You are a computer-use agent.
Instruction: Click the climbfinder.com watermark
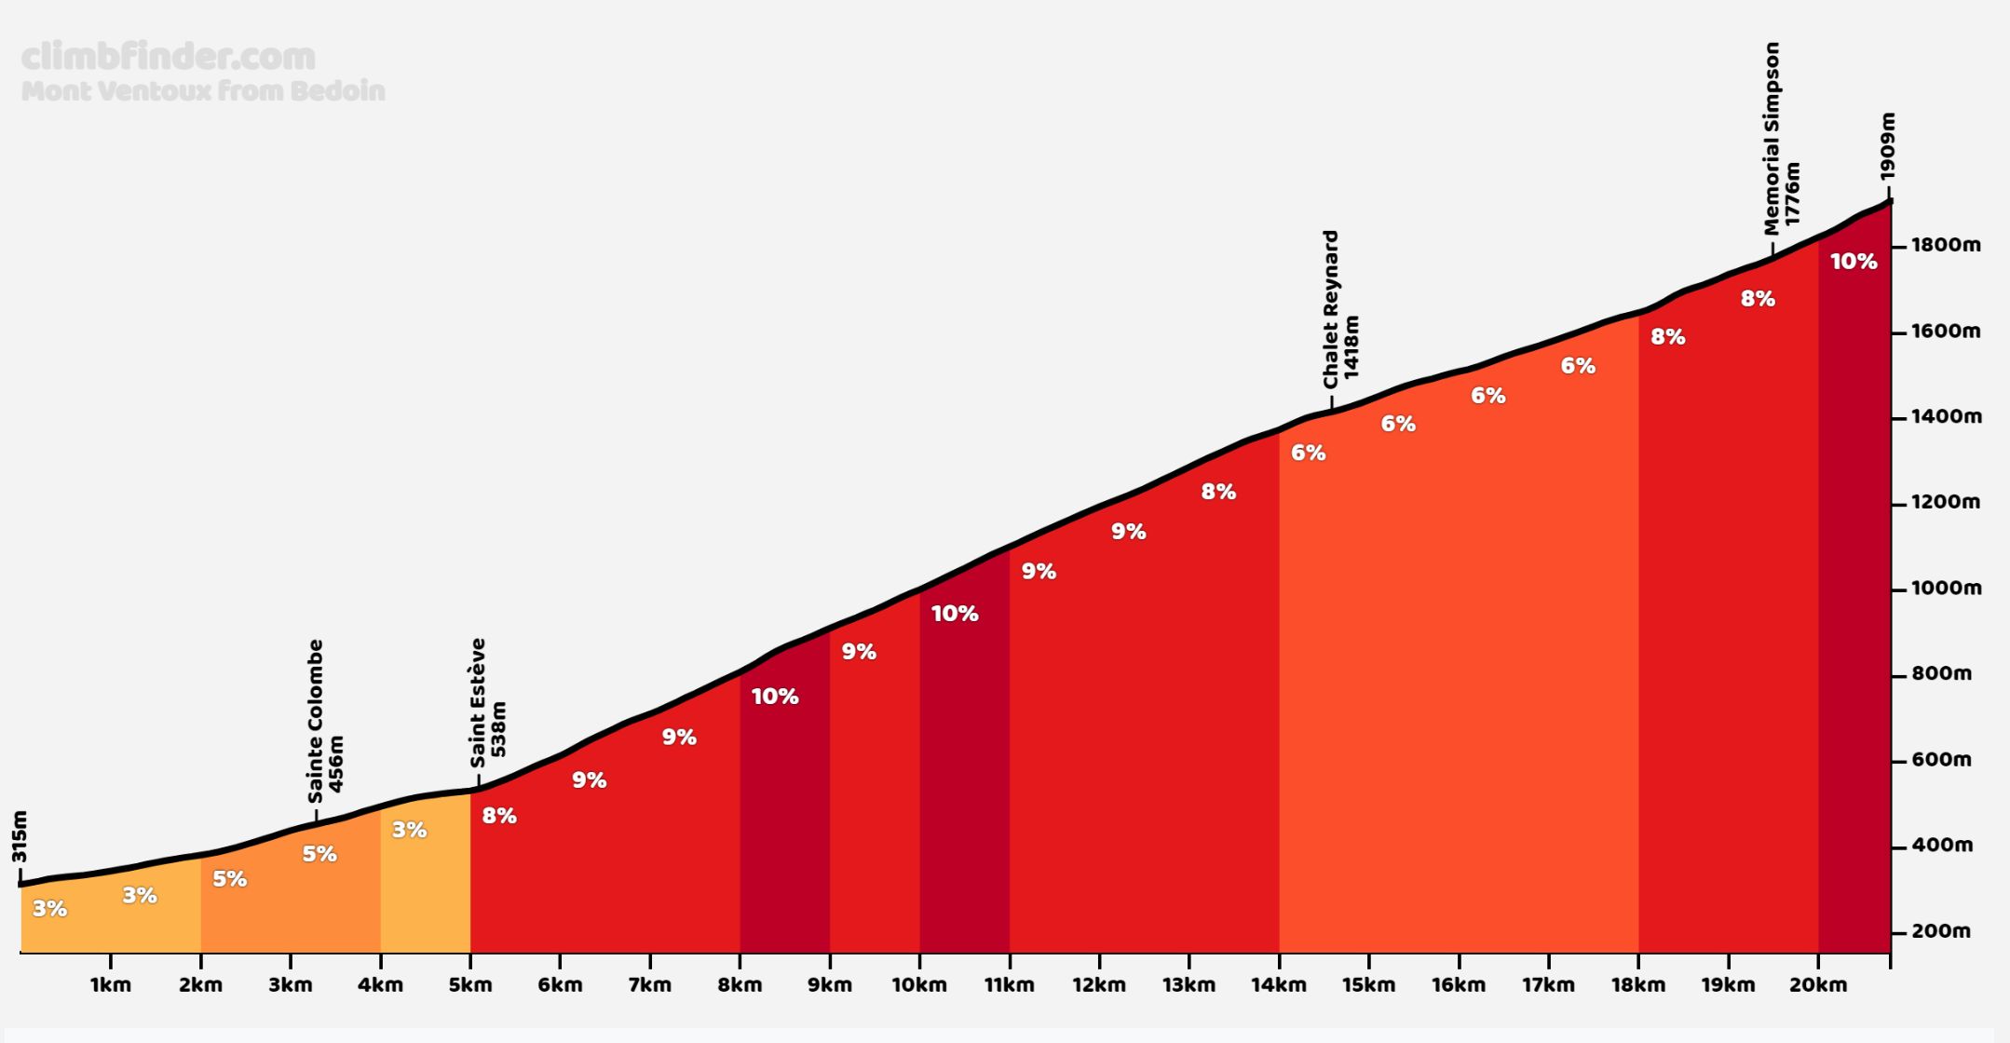pyautogui.click(x=168, y=58)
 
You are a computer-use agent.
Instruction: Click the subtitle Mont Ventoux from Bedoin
pyautogui.click(x=203, y=91)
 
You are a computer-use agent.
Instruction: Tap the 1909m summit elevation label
pyautogui.click(x=1887, y=146)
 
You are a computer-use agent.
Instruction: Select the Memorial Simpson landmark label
pyautogui.click(x=1772, y=138)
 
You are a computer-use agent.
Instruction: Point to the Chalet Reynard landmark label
pyautogui.click(x=1331, y=309)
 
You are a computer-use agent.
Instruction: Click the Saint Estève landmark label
pyautogui.click(x=479, y=702)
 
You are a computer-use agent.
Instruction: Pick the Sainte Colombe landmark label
pyautogui.click(x=316, y=721)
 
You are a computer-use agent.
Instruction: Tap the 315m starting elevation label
pyautogui.click(x=20, y=836)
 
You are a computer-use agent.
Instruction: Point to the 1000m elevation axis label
pyautogui.click(x=1946, y=589)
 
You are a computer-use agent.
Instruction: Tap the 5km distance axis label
pyautogui.click(x=470, y=985)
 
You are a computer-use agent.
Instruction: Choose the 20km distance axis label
pyautogui.click(x=1818, y=985)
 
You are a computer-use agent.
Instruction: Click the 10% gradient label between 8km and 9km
pyautogui.click(x=775, y=697)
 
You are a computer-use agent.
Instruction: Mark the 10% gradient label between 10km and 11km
pyautogui.click(x=955, y=614)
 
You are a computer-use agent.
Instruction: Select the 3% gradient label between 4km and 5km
pyautogui.click(x=409, y=830)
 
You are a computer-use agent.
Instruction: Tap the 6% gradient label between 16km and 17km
pyautogui.click(x=1488, y=396)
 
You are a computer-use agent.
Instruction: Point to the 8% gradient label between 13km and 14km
pyautogui.click(x=1218, y=492)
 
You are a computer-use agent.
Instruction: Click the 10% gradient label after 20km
pyautogui.click(x=1854, y=262)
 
